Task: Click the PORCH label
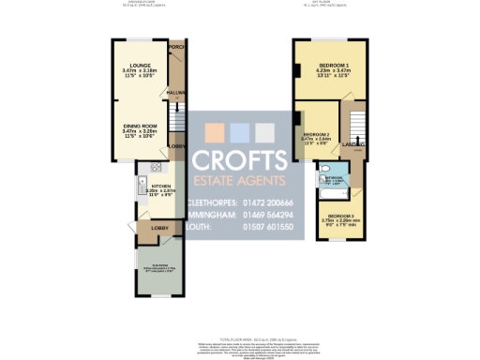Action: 175,46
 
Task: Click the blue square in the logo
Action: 239,131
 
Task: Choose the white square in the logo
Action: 265,131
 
